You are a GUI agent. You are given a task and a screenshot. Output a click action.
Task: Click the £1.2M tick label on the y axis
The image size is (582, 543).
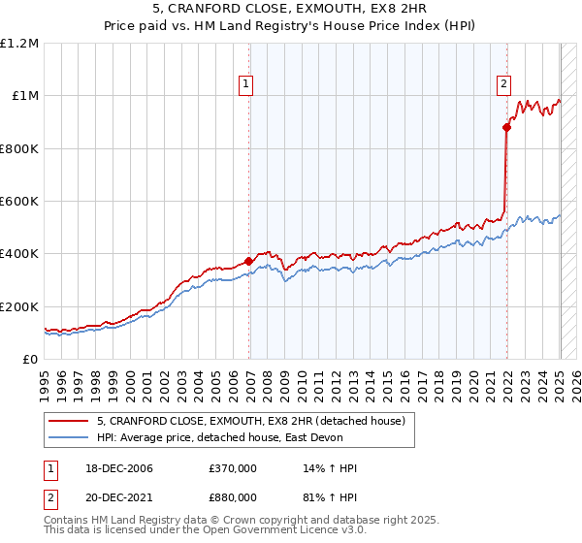pyautogui.click(x=19, y=44)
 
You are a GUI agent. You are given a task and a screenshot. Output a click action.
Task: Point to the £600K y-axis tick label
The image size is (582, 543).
pyautogui.click(x=19, y=202)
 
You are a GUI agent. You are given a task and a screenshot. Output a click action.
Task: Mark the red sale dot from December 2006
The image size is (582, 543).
pyautogui.click(x=249, y=261)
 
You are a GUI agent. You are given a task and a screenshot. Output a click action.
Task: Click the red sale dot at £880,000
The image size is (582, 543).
pyautogui.click(x=506, y=127)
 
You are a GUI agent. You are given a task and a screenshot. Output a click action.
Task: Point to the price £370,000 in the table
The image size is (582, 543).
pyautogui.click(x=233, y=468)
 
